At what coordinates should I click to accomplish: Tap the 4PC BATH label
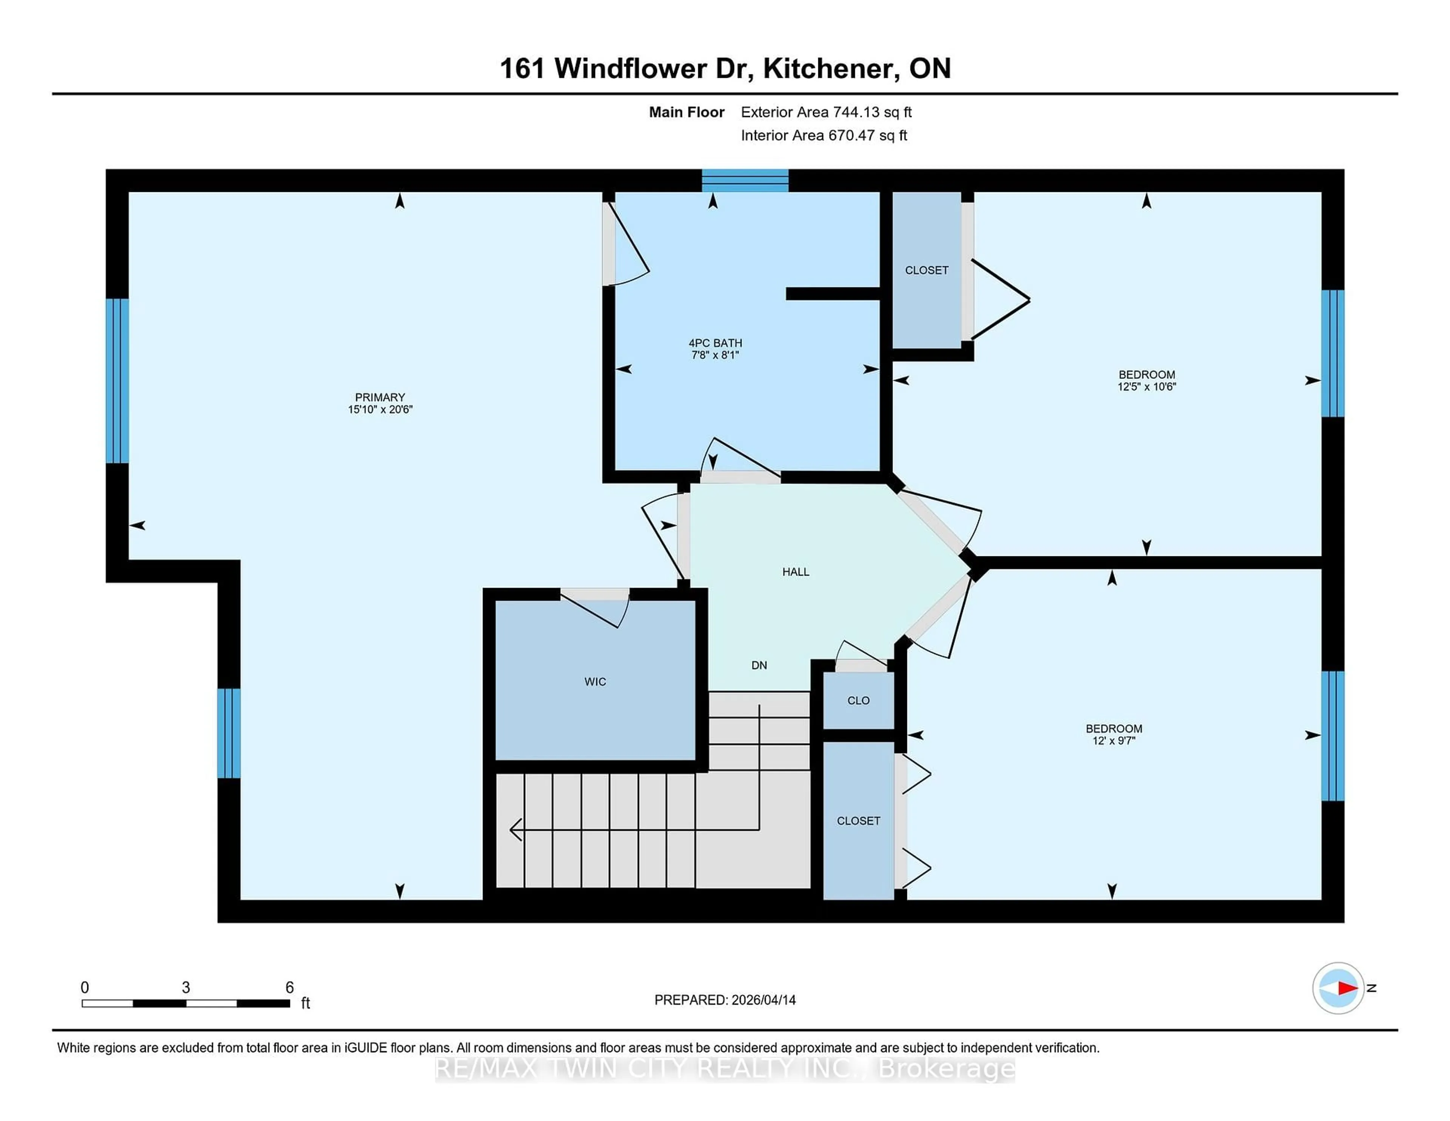715,343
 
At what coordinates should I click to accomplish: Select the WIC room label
595,681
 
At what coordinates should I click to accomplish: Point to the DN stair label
759,665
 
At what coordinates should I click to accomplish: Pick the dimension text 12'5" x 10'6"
1146,386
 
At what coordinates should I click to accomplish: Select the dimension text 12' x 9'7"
1114,740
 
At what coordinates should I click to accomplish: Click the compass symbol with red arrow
1338,988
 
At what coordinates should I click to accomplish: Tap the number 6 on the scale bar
290,987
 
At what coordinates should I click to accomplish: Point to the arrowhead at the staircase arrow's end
515,829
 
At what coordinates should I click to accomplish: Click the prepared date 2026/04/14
763,999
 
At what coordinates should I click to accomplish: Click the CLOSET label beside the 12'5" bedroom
926,270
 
